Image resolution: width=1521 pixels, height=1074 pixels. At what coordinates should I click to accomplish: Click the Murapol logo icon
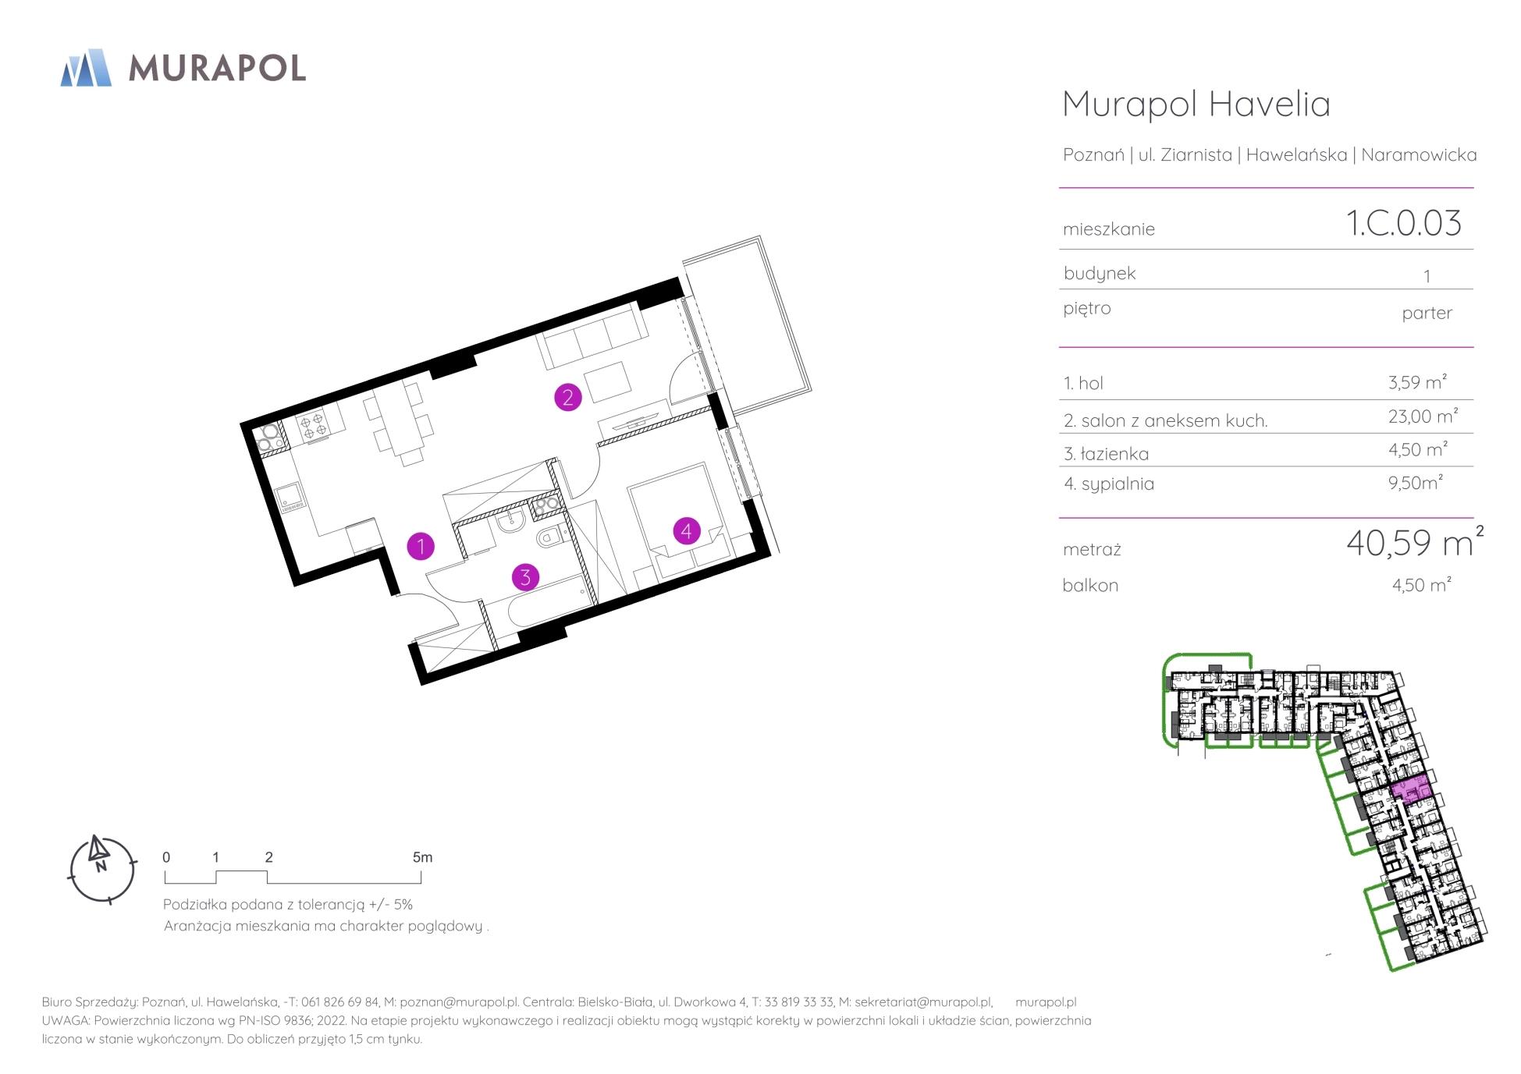(x=86, y=67)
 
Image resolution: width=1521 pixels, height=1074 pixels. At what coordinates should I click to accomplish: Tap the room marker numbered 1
(x=421, y=546)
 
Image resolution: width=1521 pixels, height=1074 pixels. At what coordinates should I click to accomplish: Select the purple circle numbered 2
(x=567, y=398)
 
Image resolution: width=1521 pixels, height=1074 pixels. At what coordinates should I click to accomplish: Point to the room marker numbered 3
(x=525, y=577)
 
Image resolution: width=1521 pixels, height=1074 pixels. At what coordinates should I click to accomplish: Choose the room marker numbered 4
(x=686, y=532)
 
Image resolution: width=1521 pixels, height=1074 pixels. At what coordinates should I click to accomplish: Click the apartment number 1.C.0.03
(x=1403, y=223)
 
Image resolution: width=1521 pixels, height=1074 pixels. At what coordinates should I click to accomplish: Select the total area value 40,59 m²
(x=1415, y=542)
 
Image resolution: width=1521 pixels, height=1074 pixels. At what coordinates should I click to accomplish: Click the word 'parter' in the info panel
(x=1427, y=314)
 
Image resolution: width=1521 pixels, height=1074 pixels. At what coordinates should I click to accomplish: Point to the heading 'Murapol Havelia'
(x=1196, y=104)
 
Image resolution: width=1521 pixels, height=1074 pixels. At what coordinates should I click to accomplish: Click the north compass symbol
(x=102, y=868)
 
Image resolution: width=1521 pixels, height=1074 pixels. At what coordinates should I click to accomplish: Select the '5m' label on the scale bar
(x=422, y=857)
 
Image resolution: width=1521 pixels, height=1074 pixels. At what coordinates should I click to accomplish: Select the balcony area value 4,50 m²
(x=1421, y=584)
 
